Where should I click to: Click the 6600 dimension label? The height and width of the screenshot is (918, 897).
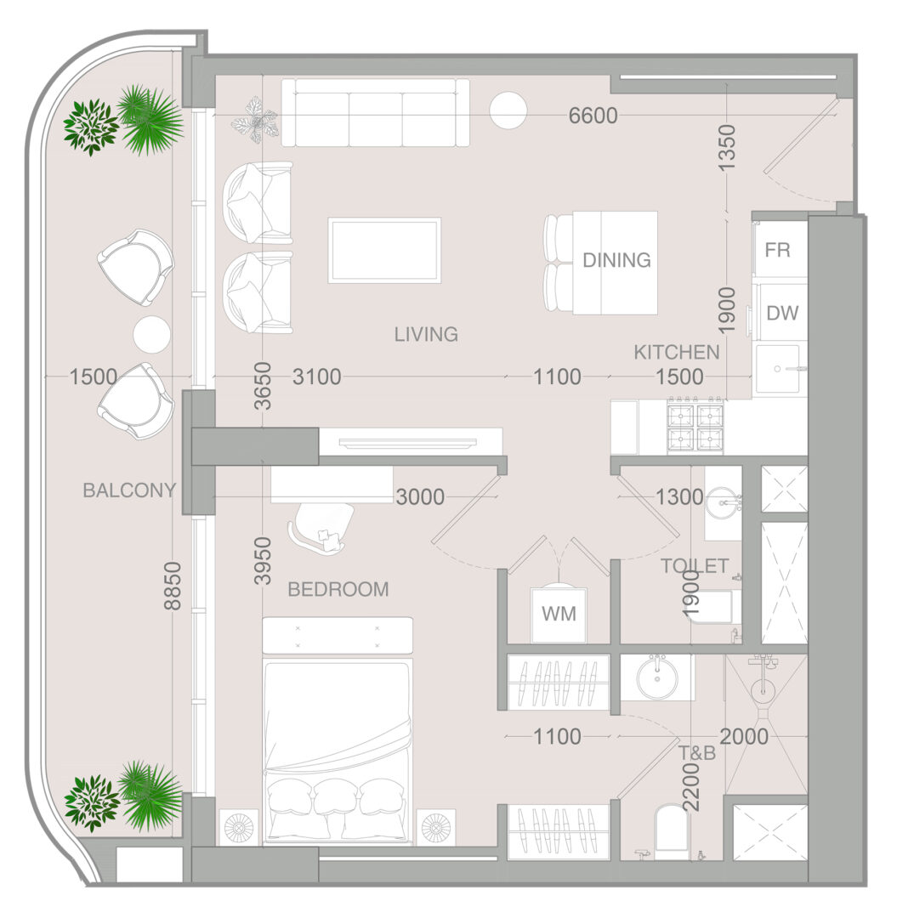point(593,116)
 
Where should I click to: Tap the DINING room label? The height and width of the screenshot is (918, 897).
point(616,260)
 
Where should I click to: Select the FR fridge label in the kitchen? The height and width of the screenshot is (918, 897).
point(778,250)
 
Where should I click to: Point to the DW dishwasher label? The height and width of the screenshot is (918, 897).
point(782,313)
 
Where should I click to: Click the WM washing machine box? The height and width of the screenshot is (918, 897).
point(558,615)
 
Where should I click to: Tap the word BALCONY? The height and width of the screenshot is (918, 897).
point(129,490)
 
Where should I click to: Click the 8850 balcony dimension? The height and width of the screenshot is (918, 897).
point(173,586)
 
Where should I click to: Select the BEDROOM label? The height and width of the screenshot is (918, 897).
point(338,589)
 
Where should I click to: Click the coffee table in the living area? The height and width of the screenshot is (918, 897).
point(384,251)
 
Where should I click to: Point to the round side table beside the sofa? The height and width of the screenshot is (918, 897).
point(508,110)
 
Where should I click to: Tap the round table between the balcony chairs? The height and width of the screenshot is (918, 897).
point(151,335)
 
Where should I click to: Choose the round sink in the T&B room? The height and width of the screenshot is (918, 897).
point(657,679)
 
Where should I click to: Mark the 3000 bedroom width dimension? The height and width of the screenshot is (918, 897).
point(420,497)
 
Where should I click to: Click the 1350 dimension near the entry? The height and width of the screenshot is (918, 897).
point(726,148)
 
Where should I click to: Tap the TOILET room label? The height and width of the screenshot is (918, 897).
point(695,566)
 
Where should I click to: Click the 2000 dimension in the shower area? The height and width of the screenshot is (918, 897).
point(744,736)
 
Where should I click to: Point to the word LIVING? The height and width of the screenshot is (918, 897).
point(426,334)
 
